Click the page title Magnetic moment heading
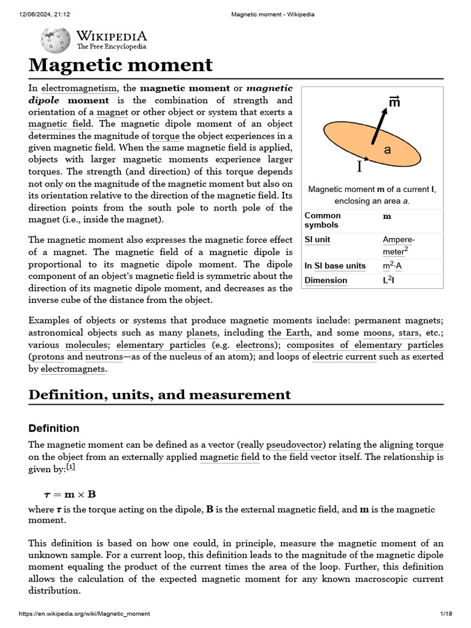tap(121, 64)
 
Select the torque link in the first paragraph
tap(166, 136)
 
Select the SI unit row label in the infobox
tap(318, 240)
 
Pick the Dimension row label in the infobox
tap(326, 280)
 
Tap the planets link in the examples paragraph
tap(201, 333)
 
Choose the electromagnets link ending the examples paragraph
tap(73, 369)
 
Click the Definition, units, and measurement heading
tap(159, 395)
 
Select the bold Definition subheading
tap(54, 428)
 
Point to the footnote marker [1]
tap(71, 467)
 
